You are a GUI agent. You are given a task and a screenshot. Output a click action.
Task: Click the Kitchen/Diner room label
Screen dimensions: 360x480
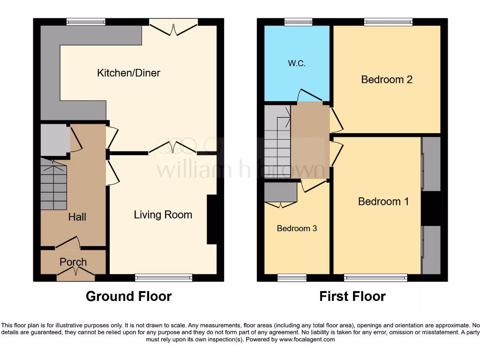[x=128, y=73]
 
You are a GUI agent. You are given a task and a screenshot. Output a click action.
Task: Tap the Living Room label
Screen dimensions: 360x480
[x=163, y=215]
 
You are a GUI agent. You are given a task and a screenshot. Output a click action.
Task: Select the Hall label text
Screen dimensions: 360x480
[x=77, y=217]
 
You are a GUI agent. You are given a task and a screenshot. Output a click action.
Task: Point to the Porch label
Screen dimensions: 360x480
[x=73, y=262]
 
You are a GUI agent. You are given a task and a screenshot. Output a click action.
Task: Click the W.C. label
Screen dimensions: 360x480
[x=297, y=63]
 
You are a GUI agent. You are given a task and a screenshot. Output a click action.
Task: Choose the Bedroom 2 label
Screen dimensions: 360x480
[x=387, y=79]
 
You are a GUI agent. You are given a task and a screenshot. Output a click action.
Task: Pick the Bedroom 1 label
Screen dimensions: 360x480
[x=383, y=201]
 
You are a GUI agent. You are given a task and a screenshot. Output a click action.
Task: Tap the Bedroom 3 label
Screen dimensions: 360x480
[x=297, y=228]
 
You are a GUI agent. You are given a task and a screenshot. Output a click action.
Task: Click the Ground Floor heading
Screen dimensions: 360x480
[x=128, y=296]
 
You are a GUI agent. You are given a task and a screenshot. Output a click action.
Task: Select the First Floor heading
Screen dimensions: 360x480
[x=352, y=296]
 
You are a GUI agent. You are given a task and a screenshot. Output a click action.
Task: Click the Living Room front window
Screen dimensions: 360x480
[x=164, y=278]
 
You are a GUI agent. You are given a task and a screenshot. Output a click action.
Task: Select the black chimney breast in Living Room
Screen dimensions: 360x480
[x=212, y=219]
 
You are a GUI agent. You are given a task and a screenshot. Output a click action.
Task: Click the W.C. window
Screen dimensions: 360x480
[x=299, y=22]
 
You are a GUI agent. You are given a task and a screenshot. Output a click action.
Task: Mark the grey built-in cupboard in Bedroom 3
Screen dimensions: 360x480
[x=281, y=193]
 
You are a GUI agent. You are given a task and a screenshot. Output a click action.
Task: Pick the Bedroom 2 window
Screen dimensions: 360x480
[x=388, y=22]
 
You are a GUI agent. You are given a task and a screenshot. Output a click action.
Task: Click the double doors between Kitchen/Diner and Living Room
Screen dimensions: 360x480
[x=172, y=149]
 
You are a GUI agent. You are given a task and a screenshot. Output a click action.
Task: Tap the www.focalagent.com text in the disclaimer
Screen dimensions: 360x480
[x=307, y=339]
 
